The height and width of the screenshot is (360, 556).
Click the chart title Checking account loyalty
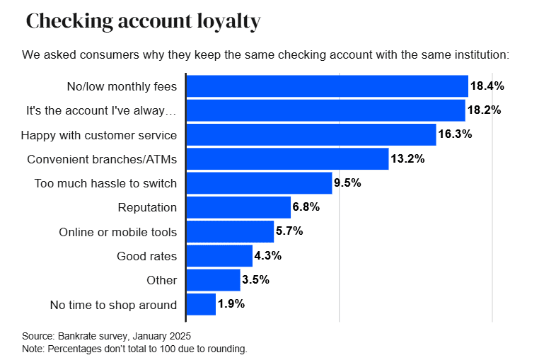tap(143, 21)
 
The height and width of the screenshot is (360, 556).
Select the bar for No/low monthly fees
tap(327, 86)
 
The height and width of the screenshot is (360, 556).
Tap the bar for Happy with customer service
tap(311, 134)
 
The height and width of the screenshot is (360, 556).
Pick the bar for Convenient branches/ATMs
tap(287, 159)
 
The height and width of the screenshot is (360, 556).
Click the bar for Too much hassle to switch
tap(259, 183)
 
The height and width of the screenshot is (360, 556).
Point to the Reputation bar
tap(238, 207)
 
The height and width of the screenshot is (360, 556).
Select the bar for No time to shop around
tap(201, 304)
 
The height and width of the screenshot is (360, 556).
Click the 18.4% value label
tap(487, 86)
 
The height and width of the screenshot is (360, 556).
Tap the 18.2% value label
tap(484, 110)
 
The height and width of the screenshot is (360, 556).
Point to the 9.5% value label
tap(347, 183)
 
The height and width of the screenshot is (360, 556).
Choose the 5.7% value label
tap(289, 231)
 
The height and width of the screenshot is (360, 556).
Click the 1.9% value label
tap(231, 304)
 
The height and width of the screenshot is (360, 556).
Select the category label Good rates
tap(146, 256)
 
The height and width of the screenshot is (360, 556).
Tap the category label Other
tap(161, 280)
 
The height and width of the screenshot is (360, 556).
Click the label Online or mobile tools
tap(117, 232)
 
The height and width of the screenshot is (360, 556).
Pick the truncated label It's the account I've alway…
tap(101, 111)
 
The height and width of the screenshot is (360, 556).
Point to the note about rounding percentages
tap(134, 349)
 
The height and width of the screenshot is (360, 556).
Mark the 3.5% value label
tap(255, 280)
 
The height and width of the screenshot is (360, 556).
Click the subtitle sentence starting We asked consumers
tap(265, 54)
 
